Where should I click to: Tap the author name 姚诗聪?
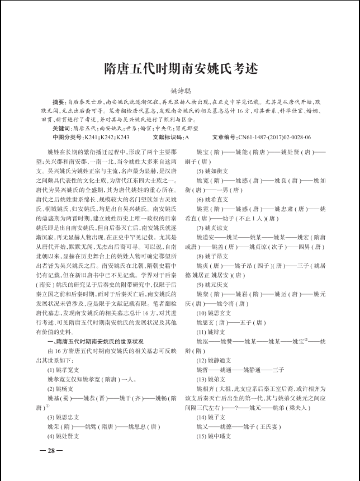pyautogui.click(x=181, y=90)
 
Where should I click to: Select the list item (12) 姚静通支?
pyautogui.click(x=214, y=361)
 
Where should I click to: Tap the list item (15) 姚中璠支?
pyautogui.click(x=214, y=436)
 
